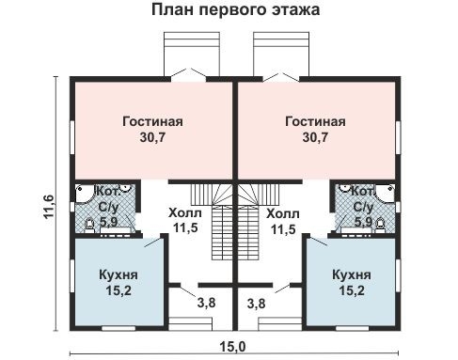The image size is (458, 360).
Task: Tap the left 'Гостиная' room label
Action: (x=151, y=121)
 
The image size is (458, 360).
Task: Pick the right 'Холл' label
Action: (x=284, y=212)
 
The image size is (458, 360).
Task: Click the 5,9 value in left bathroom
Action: (x=108, y=223)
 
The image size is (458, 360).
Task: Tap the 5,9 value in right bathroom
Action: (x=362, y=223)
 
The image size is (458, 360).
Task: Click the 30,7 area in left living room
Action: (x=151, y=137)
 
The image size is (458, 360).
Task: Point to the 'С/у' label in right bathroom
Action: (x=362, y=207)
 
